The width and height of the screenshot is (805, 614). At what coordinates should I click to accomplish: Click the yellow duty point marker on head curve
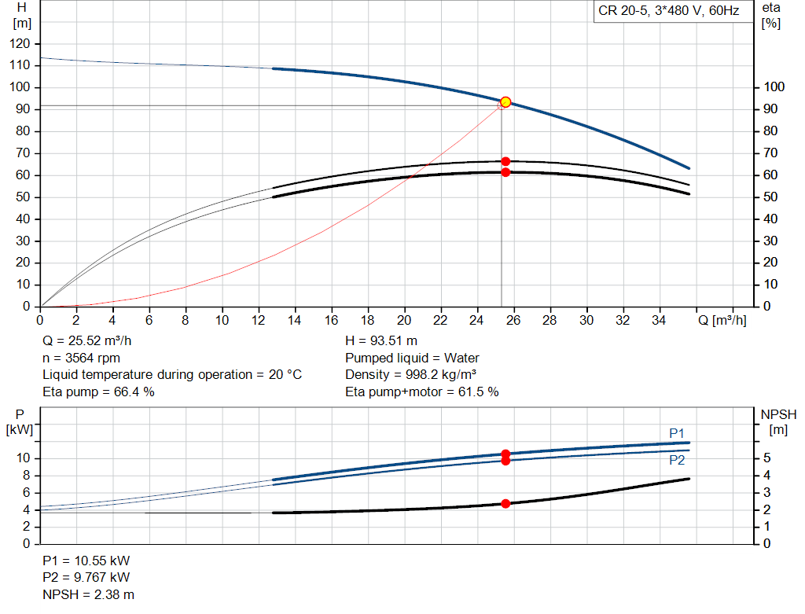point(505,102)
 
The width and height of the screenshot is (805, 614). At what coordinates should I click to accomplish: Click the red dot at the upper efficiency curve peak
point(505,161)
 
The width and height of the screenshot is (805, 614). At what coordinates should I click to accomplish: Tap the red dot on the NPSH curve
point(505,503)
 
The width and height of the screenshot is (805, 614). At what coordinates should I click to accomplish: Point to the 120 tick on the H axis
point(22,43)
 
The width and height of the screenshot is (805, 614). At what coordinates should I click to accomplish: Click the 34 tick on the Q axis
point(660,320)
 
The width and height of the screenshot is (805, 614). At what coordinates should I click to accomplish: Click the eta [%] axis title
point(771,15)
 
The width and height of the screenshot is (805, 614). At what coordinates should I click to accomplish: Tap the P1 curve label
point(677,433)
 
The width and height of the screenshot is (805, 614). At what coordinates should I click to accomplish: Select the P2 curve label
point(677,460)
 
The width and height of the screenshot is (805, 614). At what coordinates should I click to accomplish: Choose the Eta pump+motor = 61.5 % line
point(421,392)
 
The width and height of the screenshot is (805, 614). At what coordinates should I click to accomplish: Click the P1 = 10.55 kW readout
point(86,561)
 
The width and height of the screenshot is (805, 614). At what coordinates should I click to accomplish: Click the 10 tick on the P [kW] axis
point(24,458)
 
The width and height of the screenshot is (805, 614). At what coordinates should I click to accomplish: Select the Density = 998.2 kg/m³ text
point(411,375)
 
